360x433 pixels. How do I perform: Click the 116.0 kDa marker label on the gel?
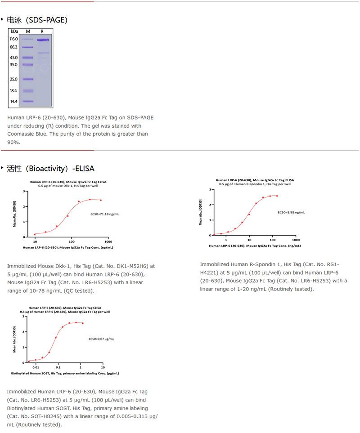[13, 39]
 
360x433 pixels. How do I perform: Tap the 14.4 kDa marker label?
[13, 102]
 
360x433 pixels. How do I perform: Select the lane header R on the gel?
[42, 31]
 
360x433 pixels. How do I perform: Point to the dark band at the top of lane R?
[43, 40]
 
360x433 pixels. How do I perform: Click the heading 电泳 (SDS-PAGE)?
[37, 20]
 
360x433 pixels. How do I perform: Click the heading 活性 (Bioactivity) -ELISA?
[50, 169]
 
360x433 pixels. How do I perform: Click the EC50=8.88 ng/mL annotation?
[291, 212]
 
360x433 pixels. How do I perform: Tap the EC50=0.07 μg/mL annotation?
[101, 339]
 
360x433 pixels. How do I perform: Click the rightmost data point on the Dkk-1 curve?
[100, 200]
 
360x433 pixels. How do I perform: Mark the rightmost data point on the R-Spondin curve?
[277, 196]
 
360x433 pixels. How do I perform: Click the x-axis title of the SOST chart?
[65, 374]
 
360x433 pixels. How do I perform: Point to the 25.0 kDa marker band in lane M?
[28, 79]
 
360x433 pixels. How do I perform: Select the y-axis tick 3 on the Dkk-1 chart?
[23, 192]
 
